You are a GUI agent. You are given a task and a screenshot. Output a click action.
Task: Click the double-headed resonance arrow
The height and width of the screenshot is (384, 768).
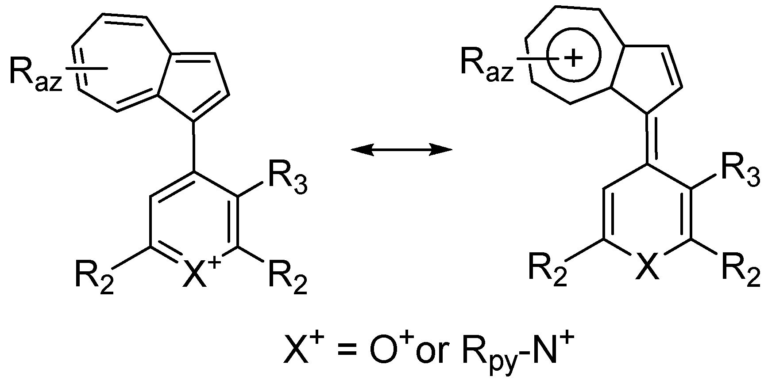401,150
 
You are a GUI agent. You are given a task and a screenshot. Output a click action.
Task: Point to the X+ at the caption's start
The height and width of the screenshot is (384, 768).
304,347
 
